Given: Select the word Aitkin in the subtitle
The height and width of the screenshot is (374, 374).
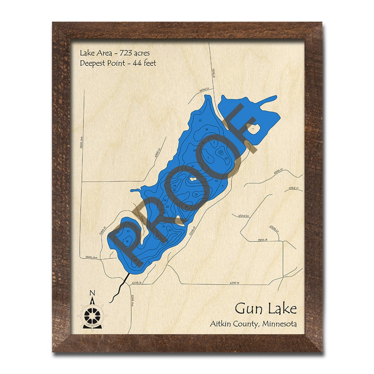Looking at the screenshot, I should coord(221,324).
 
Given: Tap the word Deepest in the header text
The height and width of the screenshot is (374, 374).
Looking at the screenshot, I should coord(93,63).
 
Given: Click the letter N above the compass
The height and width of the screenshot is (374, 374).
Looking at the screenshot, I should coord(93,293).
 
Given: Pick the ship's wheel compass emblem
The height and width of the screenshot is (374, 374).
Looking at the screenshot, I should coord(92,316).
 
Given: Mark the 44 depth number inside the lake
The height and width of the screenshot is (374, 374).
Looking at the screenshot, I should coord(175,186).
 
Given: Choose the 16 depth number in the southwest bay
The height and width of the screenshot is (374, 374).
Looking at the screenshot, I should coord(127,241).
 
